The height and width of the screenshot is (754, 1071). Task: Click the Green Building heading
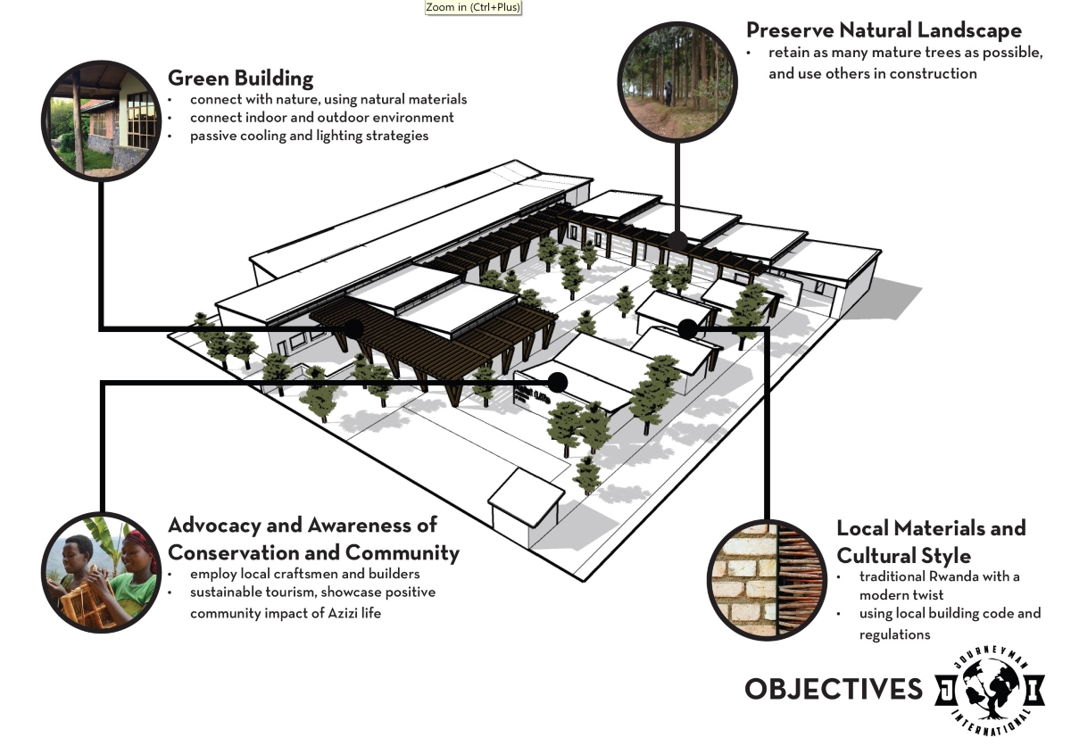click(x=240, y=78)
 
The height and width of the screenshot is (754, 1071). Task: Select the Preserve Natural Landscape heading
click(x=884, y=30)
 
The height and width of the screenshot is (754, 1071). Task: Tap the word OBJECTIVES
click(x=833, y=689)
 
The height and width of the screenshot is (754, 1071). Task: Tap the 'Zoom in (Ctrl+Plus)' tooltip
click(x=473, y=7)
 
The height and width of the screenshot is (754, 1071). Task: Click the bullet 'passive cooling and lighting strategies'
click(x=309, y=136)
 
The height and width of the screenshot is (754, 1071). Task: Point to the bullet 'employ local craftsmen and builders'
click(x=304, y=573)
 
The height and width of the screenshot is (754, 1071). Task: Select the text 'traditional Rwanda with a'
click(x=940, y=576)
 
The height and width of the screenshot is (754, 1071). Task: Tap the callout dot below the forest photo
click(x=677, y=240)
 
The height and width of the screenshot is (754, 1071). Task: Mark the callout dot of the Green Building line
click(x=353, y=329)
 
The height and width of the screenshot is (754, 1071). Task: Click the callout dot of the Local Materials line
click(x=687, y=328)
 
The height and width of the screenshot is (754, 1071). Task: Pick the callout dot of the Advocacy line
click(x=558, y=383)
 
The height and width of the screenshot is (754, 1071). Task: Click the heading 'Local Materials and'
click(x=931, y=528)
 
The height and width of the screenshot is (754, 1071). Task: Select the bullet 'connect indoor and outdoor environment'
click(x=321, y=118)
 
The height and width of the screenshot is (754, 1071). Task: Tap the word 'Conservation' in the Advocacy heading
click(x=228, y=552)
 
